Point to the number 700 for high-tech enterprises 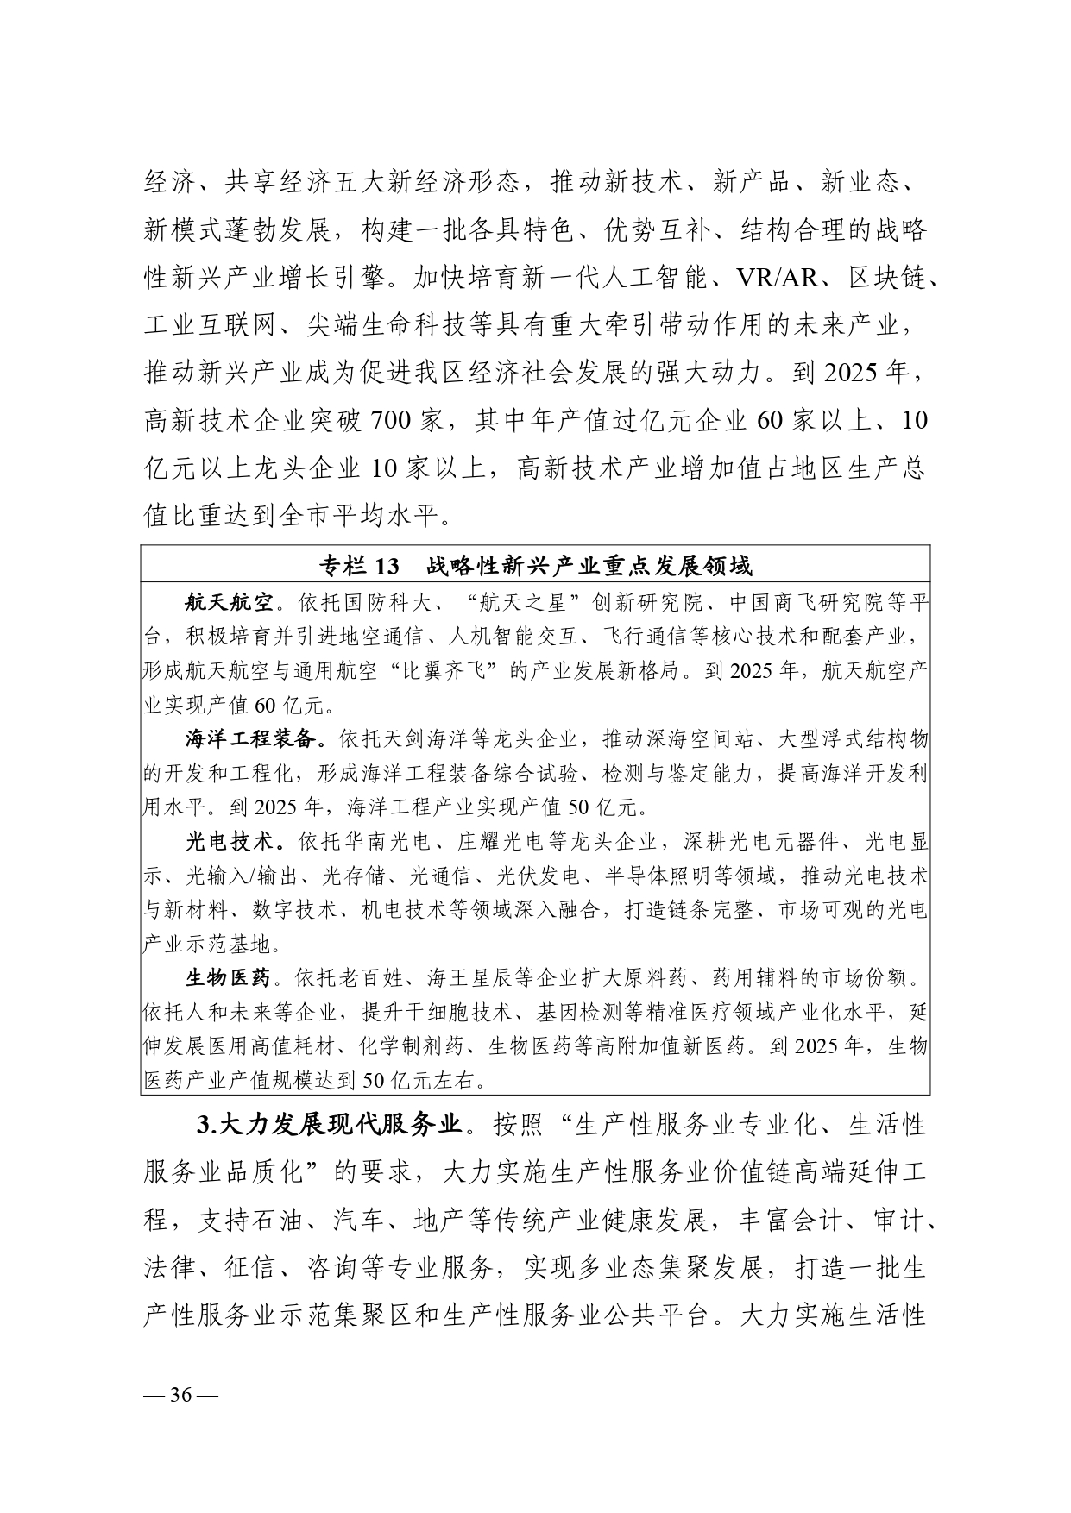coord(394,421)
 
